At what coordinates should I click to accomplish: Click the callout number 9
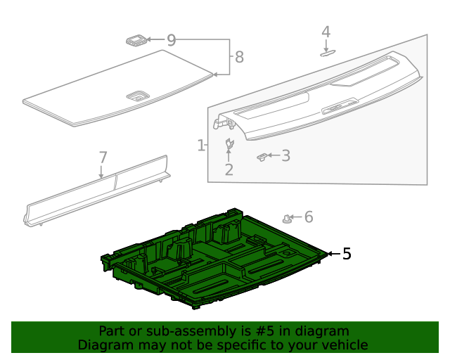[x=172, y=40]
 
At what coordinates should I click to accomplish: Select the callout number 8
[x=239, y=57]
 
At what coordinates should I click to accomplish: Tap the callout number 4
[x=326, y=32]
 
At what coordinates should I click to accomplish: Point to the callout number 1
[x=201, y=146]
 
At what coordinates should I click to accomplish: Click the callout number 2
[x=229, y=169]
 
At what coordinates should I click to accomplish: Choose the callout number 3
[x=285, y=155]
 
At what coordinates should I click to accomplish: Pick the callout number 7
[x=103, y=157]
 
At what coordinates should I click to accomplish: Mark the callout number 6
[x=309, y=217]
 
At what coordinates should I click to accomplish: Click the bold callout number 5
[x=347, y=254]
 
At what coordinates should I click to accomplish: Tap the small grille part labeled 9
[x=136, y=40]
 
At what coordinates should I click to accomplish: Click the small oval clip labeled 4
[x=328, y=53]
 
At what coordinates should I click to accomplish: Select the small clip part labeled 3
[x=262, y=157]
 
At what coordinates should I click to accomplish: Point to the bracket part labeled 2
[x=229, y=143]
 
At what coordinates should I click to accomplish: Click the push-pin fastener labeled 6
[x=287, y=219]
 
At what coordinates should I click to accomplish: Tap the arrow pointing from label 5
[x=334, y=254]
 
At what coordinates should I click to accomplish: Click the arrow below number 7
[x=101, y=172]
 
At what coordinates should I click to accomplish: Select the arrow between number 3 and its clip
[x=274, y=155]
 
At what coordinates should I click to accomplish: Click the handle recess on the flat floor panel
[x=137, y=96]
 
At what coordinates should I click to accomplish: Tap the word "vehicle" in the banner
[x=348, y=345]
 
